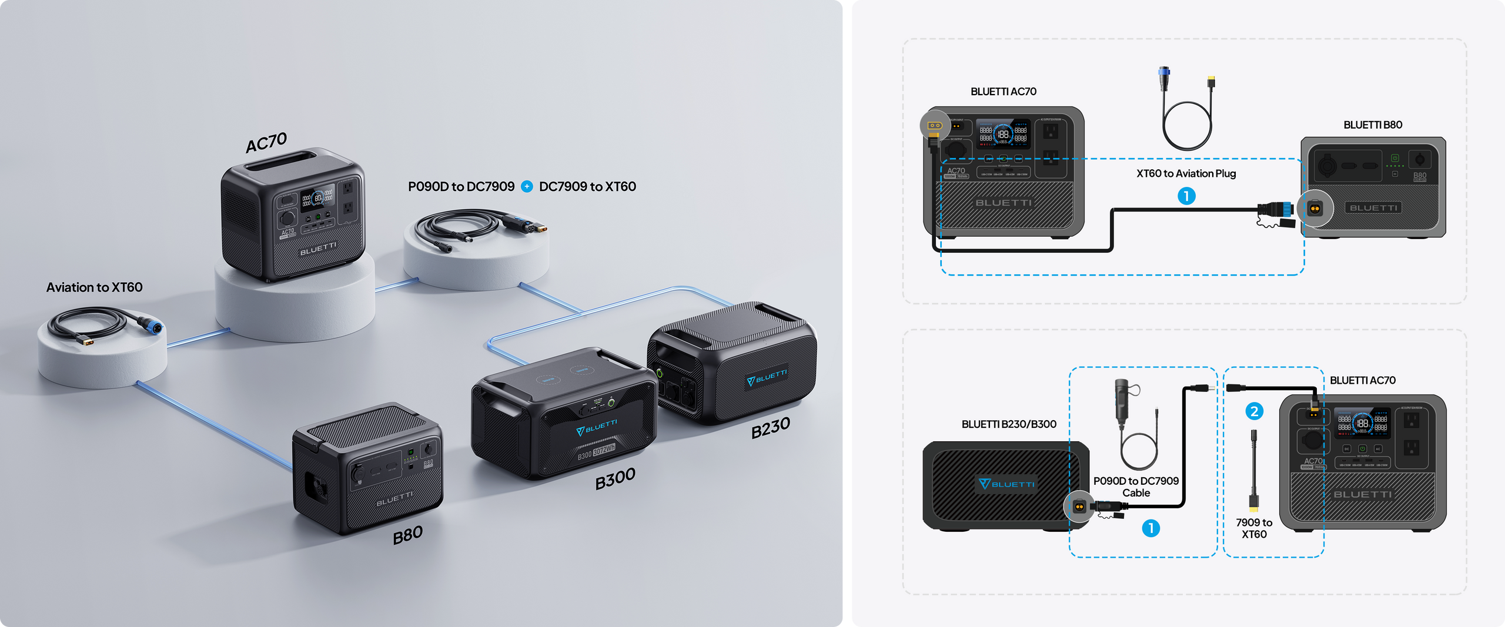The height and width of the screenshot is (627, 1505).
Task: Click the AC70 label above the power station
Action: (266, 142)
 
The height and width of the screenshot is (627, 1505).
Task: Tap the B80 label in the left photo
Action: (408, 535)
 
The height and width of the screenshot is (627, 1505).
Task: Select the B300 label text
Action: (615, 478)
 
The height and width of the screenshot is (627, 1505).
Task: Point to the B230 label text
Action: (770, 428)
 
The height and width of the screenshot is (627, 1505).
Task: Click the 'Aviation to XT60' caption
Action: (95, 287)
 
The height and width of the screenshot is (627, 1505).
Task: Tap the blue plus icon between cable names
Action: (527, 187)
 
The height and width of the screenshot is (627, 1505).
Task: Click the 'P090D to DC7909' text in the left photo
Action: (461, 187)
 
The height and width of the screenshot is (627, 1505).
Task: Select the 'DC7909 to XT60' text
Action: (587, 187)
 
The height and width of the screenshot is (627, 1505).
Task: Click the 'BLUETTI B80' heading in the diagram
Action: (1373, 125)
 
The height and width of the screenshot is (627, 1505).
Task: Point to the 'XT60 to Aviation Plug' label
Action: (1186, 173)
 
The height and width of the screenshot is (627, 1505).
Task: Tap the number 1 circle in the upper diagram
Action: (1186, 196)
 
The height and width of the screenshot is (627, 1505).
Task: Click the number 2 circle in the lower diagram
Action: (1254, 411)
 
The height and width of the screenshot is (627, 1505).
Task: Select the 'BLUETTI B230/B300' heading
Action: (1009, 424)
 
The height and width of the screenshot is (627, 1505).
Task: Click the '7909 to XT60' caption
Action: (1254, 528)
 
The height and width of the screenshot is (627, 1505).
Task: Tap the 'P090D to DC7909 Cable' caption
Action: (1136, 487)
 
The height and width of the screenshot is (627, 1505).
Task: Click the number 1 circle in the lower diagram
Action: (1151, 528)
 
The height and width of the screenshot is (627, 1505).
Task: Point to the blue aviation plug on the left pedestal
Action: (154, 326)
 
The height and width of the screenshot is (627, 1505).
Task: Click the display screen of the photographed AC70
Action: (317, 199)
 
